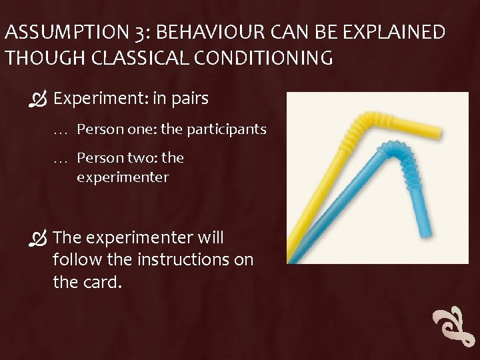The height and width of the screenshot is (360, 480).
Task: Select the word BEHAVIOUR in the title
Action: tap(193, 33)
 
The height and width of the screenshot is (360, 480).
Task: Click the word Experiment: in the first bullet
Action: tap(100, 99)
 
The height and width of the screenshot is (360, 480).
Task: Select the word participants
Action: tap(227, 129)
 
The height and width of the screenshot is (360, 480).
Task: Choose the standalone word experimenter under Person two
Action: tap(123, 178)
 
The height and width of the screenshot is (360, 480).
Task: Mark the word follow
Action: tap(77, 259)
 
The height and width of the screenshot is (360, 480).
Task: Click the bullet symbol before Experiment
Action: tap(39, 100)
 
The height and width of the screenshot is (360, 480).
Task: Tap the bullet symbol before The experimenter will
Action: tap(39, 238)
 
